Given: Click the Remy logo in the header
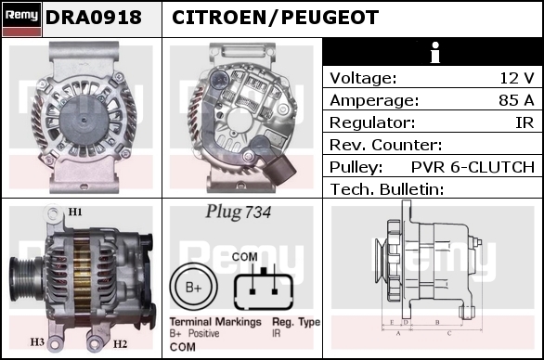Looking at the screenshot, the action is click(22, 19).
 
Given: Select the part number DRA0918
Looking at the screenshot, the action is click(94, 18).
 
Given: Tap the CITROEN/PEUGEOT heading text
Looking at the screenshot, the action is click(275, 18).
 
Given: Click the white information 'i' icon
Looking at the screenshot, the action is click(435, 52).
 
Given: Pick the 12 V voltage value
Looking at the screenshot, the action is click(516, 78).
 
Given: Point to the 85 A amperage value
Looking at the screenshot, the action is click(516, 100).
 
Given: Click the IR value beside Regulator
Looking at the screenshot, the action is click(525, 122).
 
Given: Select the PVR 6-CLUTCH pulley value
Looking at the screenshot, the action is click(473, 167).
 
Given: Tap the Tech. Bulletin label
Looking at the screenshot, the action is click(387, 189).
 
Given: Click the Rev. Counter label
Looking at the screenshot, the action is click(386, 145).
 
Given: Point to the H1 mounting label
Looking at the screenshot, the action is click(75, 212).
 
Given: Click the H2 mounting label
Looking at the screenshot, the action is click(120, 343).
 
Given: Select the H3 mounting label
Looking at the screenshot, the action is click(37, 342).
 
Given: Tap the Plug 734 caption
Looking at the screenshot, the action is click(238, 212).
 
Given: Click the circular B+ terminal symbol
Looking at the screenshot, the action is click(194, 288).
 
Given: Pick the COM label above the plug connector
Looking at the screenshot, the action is click(244, 257).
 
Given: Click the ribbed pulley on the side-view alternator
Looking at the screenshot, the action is click(26, 279).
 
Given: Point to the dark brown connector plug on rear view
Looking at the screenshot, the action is click(280, 169).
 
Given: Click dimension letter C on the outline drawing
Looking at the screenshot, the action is click(449, 333).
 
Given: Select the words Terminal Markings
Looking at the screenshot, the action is click(215, 322).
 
